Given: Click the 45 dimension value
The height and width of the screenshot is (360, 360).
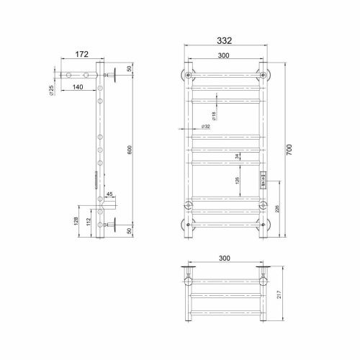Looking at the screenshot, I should point(109,194).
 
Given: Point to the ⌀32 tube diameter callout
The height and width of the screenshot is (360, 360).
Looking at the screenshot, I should point(206,127).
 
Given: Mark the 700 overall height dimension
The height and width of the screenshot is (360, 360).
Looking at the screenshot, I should point(289,150).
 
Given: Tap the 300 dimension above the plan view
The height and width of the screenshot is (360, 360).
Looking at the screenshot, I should point(226,257).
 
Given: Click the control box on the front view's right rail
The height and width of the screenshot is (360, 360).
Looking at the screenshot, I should point(264,183).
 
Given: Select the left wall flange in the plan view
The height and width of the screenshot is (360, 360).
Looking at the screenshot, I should point(189,271).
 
